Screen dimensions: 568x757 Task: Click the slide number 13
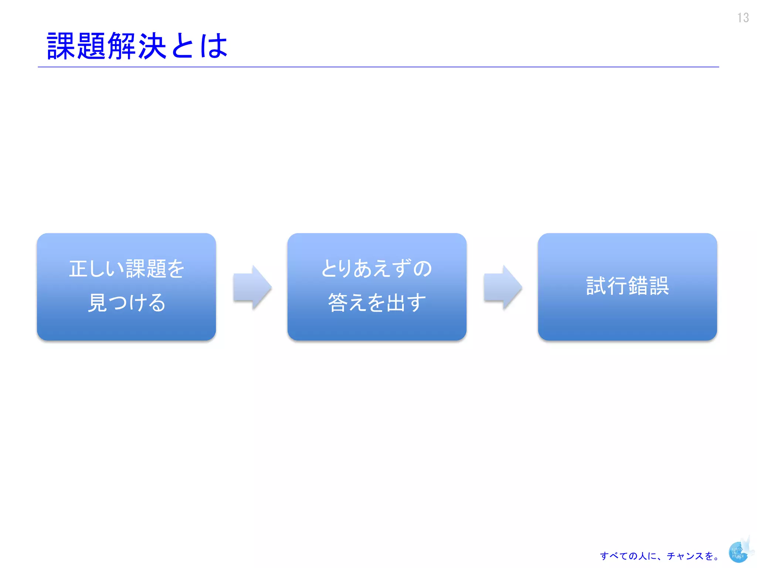click(x=743, y=18)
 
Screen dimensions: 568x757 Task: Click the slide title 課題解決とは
click(x=137, y=46)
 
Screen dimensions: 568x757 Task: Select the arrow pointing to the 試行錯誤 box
click(x=503, y=287)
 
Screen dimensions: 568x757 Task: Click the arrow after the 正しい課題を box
click(x=252, y=287)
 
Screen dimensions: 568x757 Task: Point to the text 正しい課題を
click(x=126, y=268)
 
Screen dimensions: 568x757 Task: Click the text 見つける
click(x=126, y=302)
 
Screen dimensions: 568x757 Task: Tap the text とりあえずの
click(x=376, y=268)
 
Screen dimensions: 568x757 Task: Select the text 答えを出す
click(x=376, y=302)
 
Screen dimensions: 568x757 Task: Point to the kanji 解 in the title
click(x=122, y=46)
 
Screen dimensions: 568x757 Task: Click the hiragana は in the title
click(x=213, y=46)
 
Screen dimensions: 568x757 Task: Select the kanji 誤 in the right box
click(x=659, y=286)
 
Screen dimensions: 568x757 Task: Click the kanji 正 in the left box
click(x=78, y=268)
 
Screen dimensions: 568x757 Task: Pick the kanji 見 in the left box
click(x=97, y=302)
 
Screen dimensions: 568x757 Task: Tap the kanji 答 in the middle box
click(x=337, y=302)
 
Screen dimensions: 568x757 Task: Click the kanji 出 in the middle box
click(x=396, y=302)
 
